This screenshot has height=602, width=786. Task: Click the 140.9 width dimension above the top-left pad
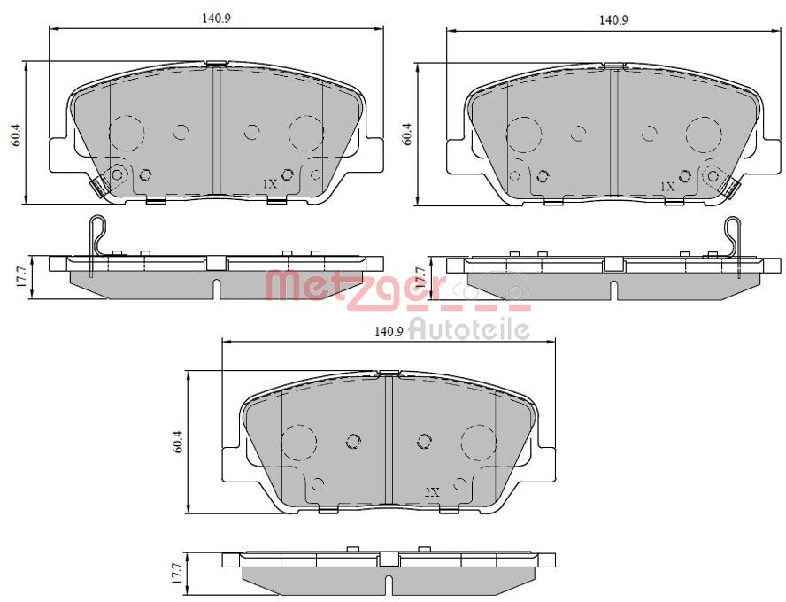coord(216,19)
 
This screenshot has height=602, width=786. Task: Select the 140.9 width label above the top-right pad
coord(613,20)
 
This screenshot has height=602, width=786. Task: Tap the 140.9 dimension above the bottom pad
coord(389,331)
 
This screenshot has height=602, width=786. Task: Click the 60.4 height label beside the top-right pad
coord(407,134)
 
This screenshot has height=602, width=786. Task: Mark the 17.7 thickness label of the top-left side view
coord(21,275)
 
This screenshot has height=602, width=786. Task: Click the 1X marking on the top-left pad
coord(270,184)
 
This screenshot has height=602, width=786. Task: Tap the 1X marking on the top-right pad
coord(667,187)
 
